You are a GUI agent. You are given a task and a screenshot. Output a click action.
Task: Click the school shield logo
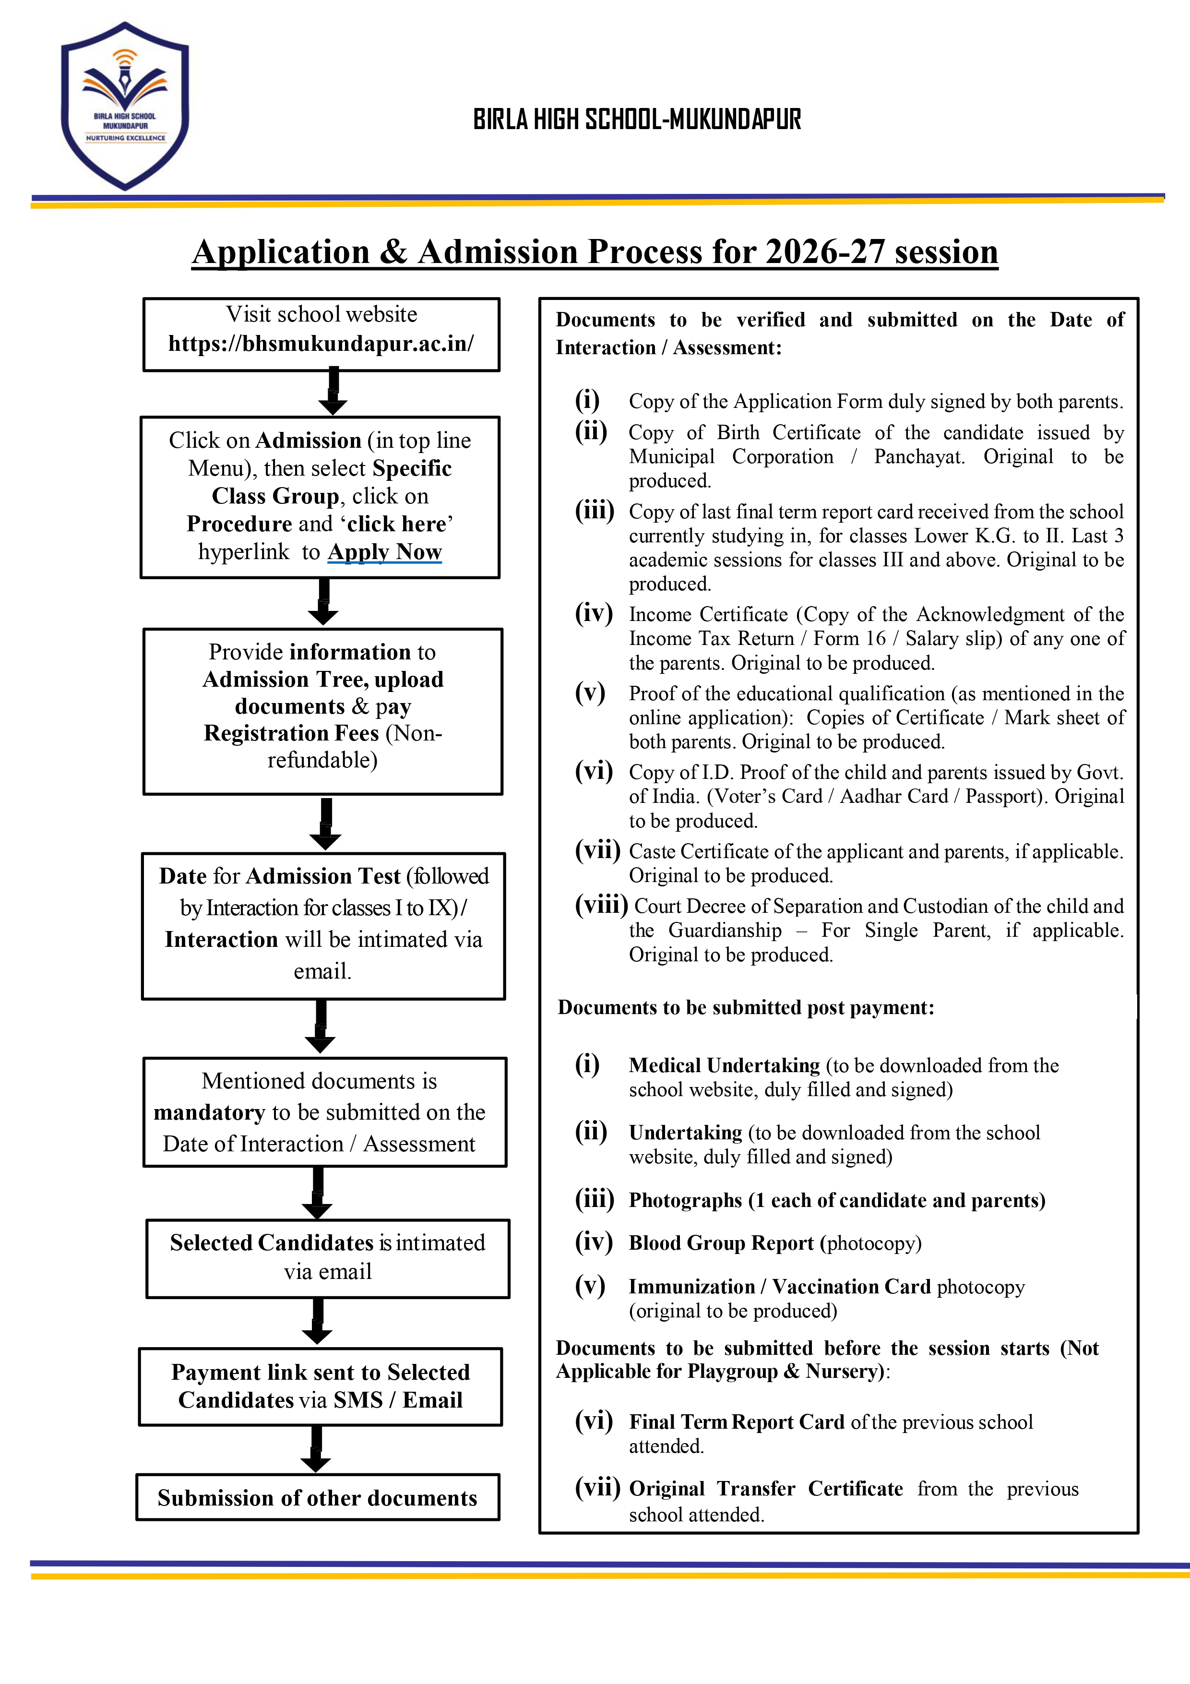125,107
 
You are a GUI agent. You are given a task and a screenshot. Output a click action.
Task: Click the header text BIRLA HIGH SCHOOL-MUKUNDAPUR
636,119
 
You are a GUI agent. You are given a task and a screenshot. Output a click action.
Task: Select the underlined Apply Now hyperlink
384,551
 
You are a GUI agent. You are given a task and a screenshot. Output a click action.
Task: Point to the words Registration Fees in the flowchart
291,733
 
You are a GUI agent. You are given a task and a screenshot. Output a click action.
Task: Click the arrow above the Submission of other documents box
316,1449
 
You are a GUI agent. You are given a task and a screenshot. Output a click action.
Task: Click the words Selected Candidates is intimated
327,1242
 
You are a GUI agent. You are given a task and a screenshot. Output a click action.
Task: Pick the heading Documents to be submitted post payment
746,1008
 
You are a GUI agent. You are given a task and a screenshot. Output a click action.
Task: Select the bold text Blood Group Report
721,1243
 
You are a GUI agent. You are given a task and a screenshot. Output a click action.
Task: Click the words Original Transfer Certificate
765,1489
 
